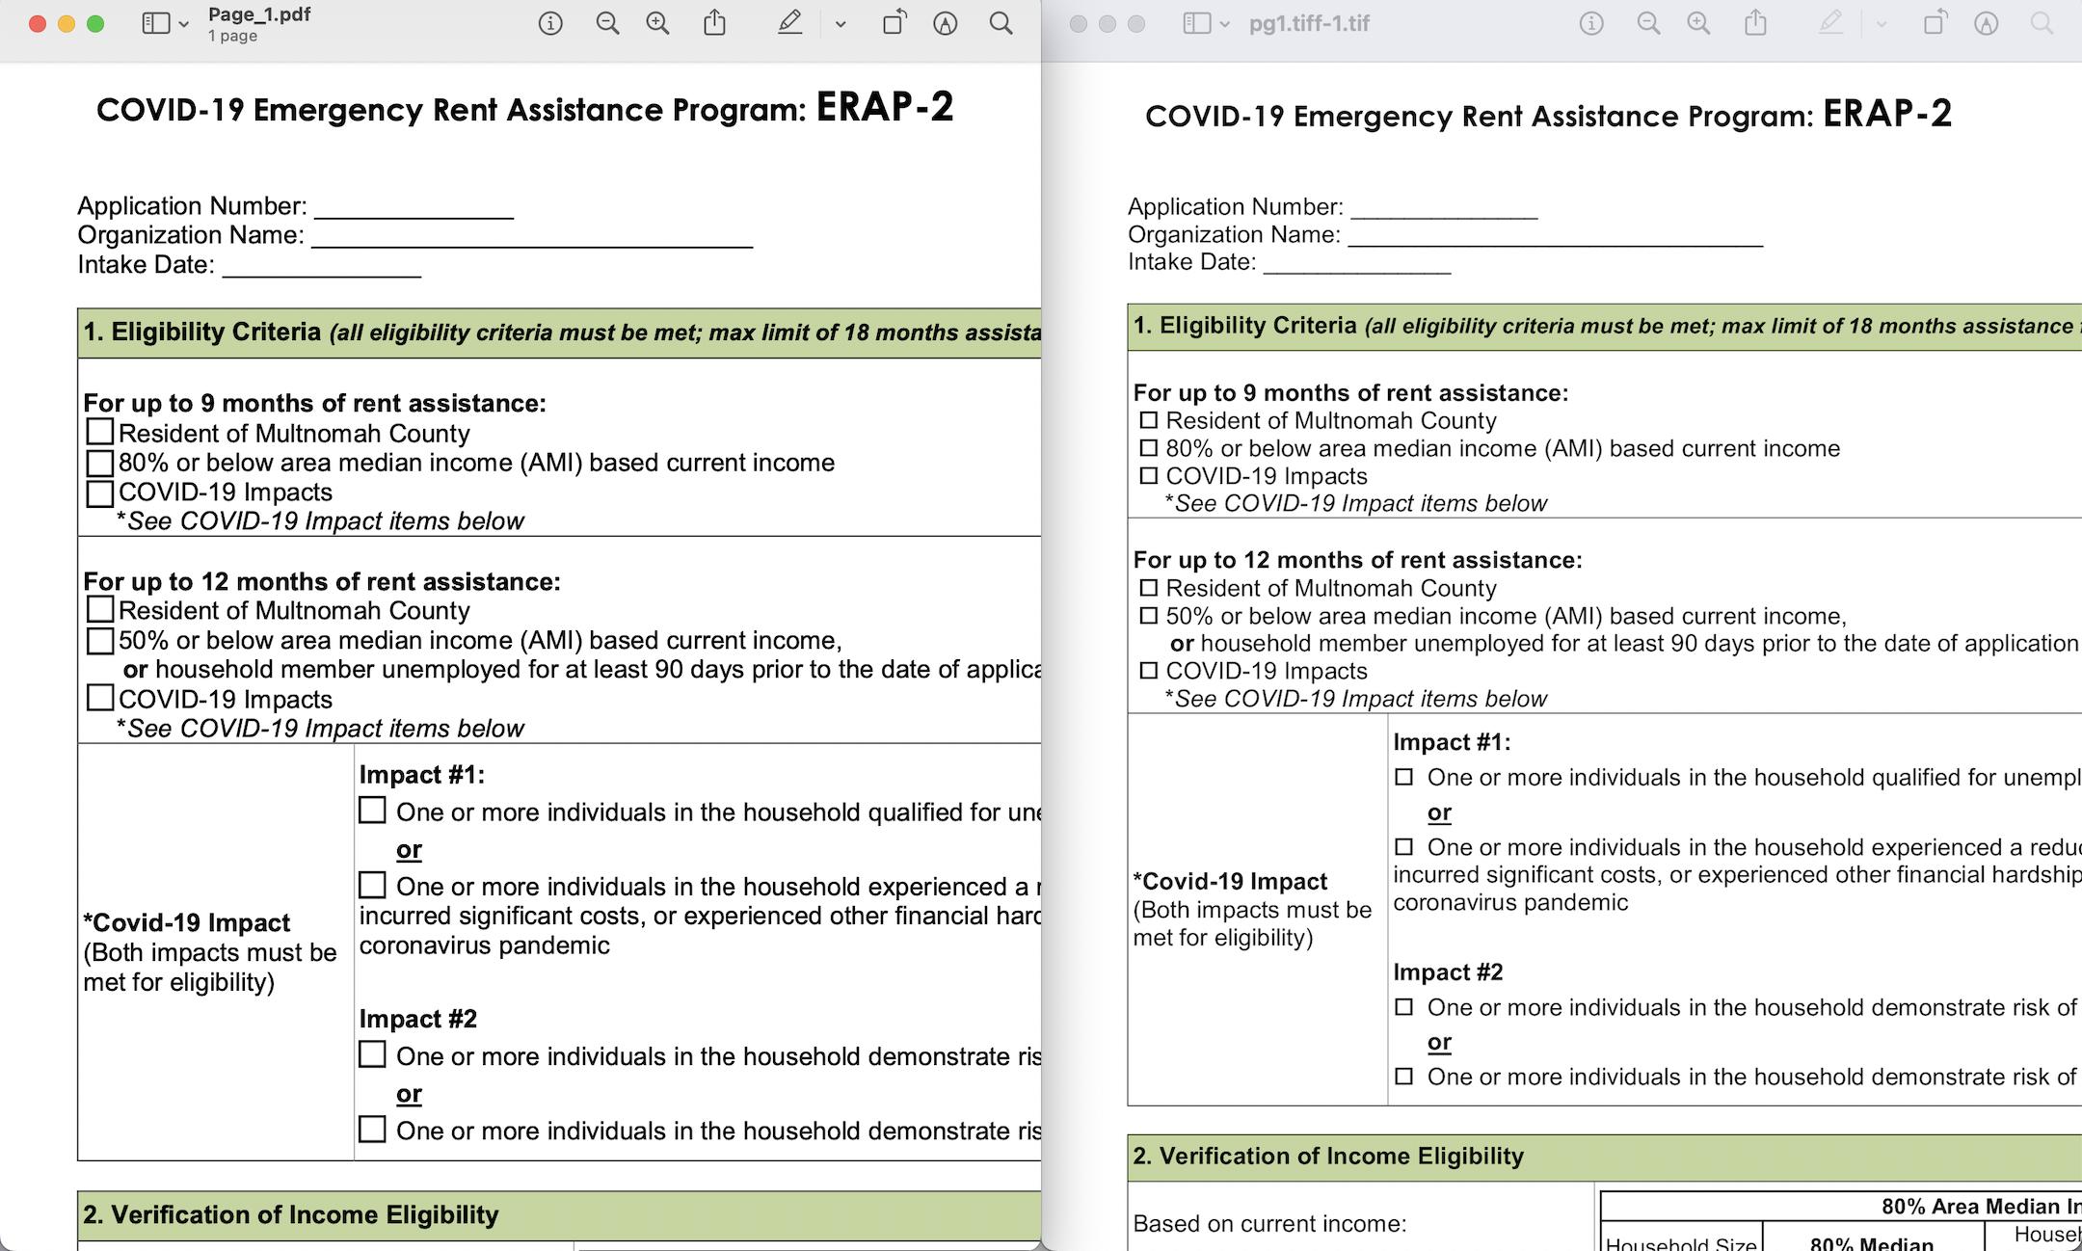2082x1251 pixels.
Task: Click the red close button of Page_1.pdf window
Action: (38, 24)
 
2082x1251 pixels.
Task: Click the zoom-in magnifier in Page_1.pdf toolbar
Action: (657, 24)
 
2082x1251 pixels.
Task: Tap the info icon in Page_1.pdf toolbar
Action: (550, 24)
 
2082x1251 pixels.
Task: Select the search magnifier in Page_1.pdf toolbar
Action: (1001, 24)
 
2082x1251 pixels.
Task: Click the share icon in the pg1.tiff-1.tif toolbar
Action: (1756, 24)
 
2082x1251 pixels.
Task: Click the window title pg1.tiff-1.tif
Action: (1309, 24)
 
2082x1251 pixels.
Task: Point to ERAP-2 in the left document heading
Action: (885, 107)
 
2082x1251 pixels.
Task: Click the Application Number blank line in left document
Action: (414, 209)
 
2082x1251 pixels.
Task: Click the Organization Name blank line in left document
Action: (531, 238)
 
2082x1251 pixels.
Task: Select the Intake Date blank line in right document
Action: (1356, 264)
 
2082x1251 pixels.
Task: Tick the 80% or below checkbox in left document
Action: (100, 464)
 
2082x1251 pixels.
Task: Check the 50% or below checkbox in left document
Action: (100, 641)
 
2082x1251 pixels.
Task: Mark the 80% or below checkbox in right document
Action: (1148, 448)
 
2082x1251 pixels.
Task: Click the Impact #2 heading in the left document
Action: (418, 1019)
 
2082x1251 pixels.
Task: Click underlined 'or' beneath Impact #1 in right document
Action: (1439, 812)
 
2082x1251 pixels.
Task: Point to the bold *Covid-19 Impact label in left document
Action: (187, 922)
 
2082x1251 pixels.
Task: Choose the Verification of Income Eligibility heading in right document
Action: (1328, 1157)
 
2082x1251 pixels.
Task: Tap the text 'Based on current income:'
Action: (1269, 1224)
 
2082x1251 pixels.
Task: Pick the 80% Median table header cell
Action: (1871, 1242)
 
